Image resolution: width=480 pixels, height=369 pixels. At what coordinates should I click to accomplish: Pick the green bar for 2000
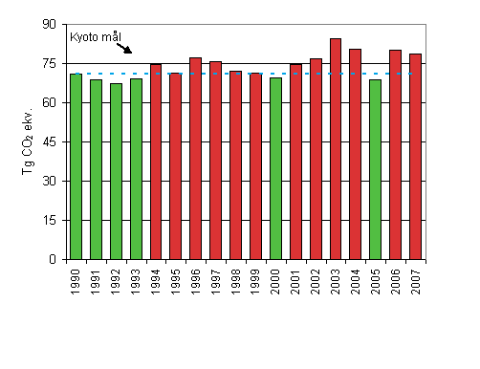pyautogui.click(x=275, y=168)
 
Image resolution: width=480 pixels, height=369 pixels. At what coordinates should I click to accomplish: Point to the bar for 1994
pyautogui.click(x=156, y=162)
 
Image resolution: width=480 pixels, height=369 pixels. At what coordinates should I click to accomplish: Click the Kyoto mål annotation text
pyautogui.click(x=97, y=38)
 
